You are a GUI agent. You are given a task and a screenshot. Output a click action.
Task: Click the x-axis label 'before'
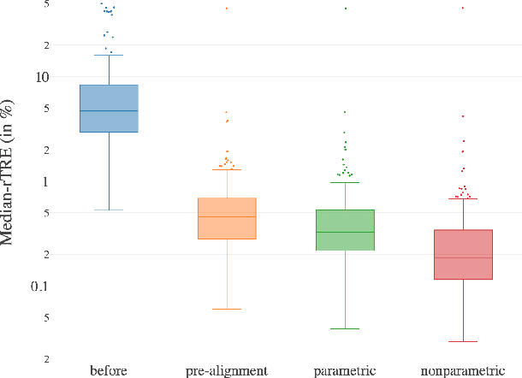click(x=109, y=370)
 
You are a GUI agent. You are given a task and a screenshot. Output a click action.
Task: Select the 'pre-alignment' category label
click(x=227, y=370)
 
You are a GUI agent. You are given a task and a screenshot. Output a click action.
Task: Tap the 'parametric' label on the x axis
click(x=345, y=370)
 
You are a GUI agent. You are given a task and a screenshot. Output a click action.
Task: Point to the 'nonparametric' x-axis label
click(x=463, y=370)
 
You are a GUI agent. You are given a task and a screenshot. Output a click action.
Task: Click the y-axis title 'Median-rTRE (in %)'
click(x=8, y=171)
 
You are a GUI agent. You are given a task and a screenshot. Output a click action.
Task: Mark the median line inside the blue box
click(x=109, y=111)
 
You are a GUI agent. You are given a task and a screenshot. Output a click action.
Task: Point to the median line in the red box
click(x=463, y=257)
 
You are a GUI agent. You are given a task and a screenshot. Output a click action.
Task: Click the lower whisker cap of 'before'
click(x=109, y=210)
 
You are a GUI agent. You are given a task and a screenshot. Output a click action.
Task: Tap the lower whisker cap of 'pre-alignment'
click(x=227, y=309)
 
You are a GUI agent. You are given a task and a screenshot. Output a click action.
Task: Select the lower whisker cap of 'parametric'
click(x=345, y=328)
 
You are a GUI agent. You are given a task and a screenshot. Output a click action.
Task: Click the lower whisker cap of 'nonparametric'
click(x=463, y=341)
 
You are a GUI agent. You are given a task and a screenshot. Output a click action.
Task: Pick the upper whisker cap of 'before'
click(x=109, y=55)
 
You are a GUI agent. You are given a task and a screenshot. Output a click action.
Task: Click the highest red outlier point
click(x=463, y=8)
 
